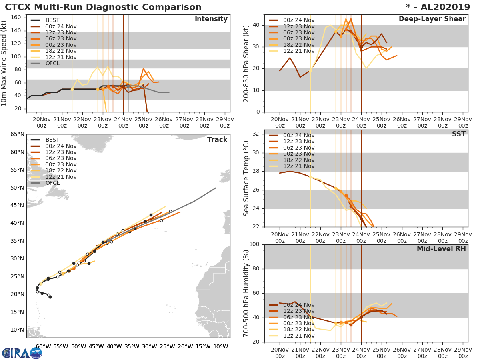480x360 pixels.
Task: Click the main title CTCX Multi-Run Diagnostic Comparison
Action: click(103, 7)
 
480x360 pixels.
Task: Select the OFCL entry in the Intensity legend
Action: click(52, 63)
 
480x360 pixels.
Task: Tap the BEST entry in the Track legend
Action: click(52, 140)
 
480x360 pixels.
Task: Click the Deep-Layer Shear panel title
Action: click(432, 19)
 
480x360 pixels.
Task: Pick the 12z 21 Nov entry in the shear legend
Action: click(298, 51)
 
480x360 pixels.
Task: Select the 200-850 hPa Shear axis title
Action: click(246, 63)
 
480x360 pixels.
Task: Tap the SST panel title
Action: click(458, 134)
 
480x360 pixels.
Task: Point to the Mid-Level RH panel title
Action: click(441, 249)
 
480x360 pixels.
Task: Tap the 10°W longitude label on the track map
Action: click(220, 346)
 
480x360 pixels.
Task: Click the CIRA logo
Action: click(22, 353)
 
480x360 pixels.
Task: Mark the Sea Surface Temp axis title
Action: click(246, 178)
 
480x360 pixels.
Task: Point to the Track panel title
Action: click(217, 140)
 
